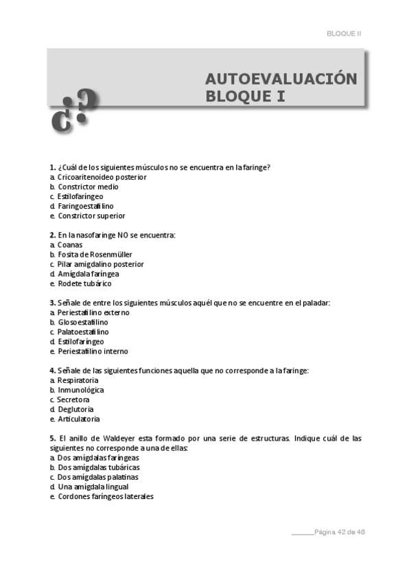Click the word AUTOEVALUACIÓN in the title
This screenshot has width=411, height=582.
(281, 78)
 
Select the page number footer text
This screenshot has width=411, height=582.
(343, 531)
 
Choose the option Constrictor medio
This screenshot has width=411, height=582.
(88, 187)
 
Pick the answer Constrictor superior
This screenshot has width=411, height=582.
(91, 216)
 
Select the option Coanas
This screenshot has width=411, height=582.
(70, 245)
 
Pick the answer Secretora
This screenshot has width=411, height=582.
(73, 399)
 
